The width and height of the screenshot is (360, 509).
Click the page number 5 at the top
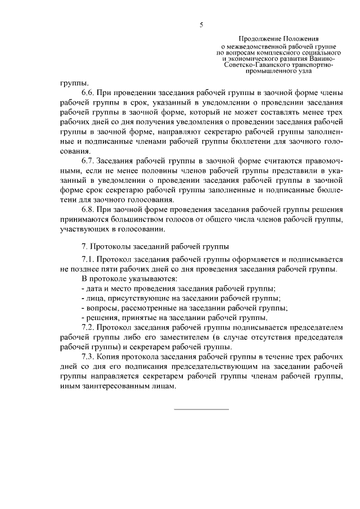(201, 24)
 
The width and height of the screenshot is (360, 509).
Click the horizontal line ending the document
(201, 409)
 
